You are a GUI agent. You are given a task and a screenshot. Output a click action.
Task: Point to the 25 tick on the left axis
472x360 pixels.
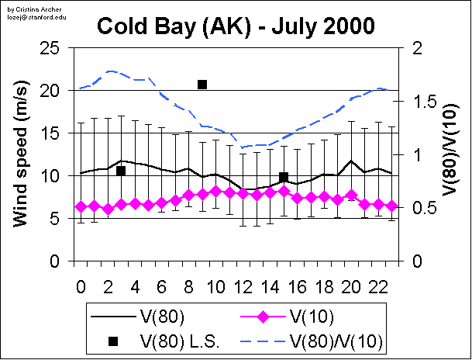[50, 48]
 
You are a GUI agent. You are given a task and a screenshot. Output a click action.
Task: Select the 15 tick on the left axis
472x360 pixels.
[50, 133]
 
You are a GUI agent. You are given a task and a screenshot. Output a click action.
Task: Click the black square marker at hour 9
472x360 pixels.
[202, 84]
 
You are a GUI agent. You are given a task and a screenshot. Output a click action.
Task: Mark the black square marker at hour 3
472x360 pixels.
[121, 171]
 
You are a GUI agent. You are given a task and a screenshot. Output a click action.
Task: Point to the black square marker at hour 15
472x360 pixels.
[284, 177]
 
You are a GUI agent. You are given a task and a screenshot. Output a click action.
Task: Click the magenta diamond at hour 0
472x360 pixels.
[81, 206]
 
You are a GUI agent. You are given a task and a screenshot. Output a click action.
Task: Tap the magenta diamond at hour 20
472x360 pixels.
[352, 196]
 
